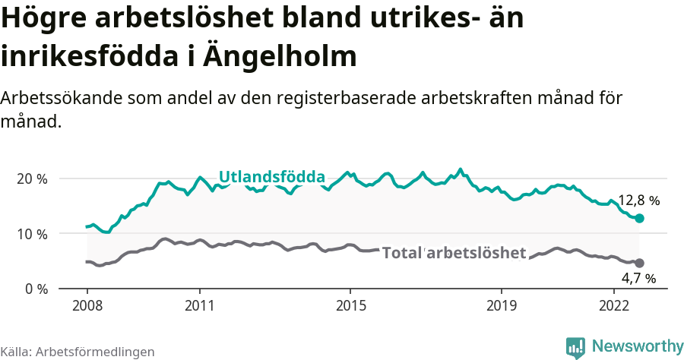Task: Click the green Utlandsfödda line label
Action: [272, 177]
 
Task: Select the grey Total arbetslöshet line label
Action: [454, 253]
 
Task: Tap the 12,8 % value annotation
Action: [638, 201]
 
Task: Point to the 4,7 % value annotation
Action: [638, 278]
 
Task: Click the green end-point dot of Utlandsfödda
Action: [639, 219]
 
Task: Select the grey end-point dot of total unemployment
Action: [639, 263]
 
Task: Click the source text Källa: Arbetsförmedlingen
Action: [78, 352]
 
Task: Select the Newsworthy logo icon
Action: [575, 347]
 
